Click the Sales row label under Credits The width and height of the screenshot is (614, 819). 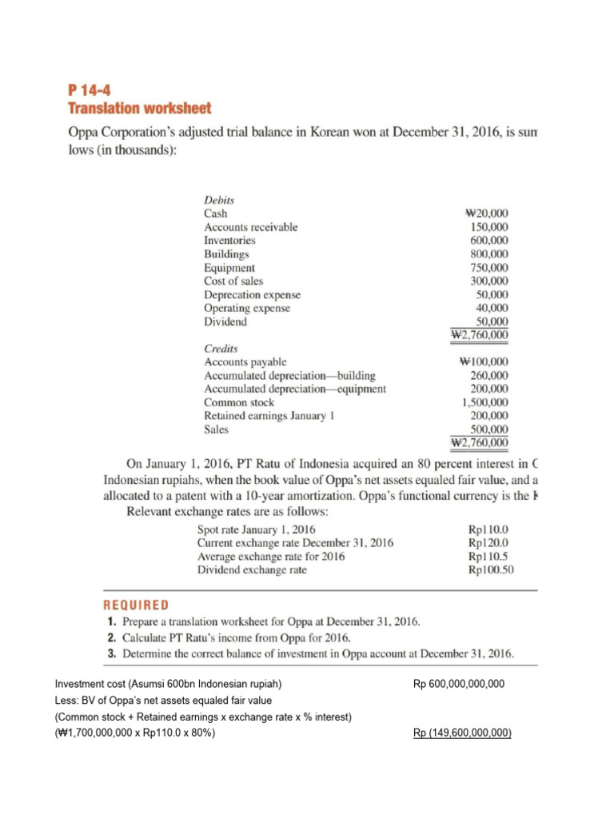(x=216, y=429)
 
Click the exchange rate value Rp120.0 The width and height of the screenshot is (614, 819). (x=487, y=543)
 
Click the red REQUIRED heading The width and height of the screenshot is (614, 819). (x=136, y=605)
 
